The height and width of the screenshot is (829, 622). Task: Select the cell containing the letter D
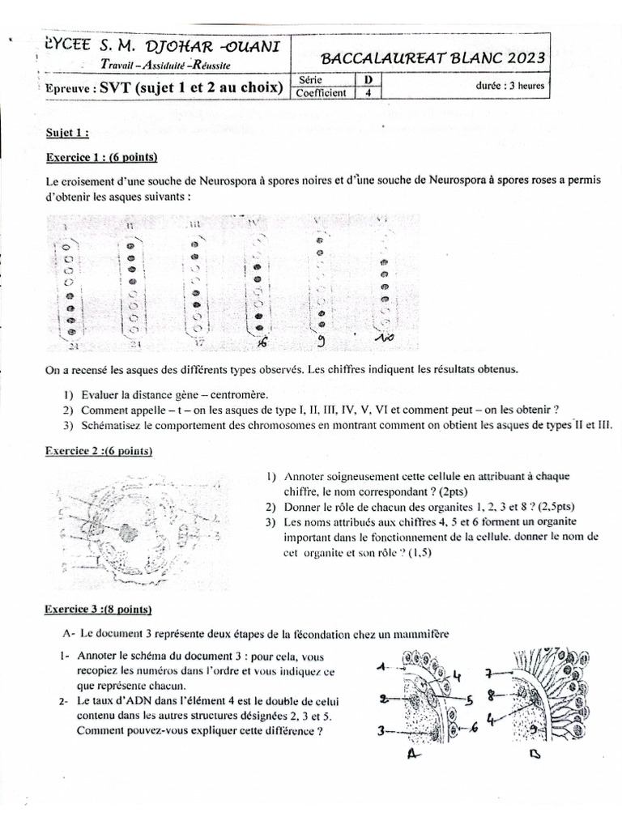point(369,79)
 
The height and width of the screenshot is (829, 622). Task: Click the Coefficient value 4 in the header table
point(369,92)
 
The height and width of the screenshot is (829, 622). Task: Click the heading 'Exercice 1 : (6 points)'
point(101,156)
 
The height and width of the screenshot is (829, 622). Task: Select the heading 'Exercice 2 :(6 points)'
point(99,451)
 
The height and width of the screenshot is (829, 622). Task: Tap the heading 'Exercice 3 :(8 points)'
point(99,609)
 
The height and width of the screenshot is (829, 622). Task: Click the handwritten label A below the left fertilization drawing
point(412,756)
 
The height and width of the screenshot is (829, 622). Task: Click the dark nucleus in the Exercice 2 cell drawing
point(128,533)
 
